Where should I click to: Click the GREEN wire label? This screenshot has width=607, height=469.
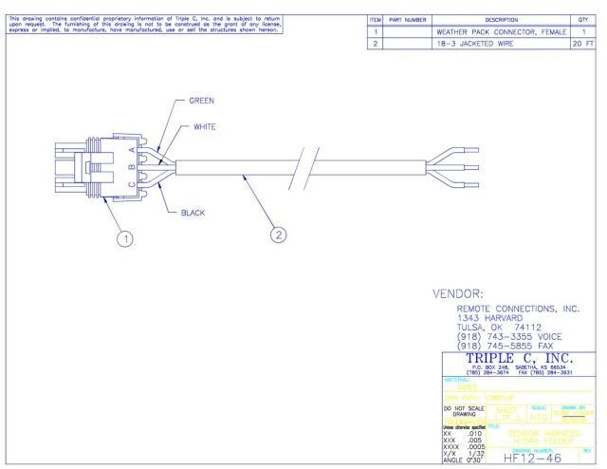click(x=201, y=100)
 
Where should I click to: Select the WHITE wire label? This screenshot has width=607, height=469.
click(x=206, y=127)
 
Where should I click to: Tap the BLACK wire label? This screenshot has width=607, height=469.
click(x=193, y=213)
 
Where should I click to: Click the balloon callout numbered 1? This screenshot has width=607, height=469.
click(x=123, y=238)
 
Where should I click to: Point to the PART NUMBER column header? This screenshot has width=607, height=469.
click(x=410, y=19)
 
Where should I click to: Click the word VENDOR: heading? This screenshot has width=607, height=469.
click(x=459, y=294)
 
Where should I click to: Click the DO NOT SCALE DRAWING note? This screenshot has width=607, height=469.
click(x=463, y=411)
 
